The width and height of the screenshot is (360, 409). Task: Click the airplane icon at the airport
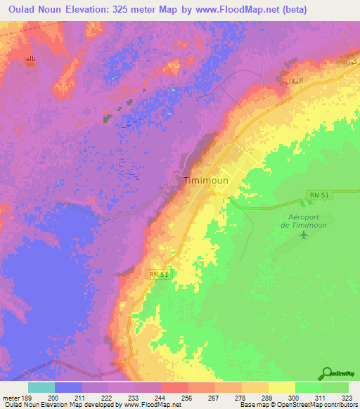point(304,234)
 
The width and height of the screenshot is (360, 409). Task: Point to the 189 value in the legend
point(28,398)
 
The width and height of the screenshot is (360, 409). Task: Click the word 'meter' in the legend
point(11,398)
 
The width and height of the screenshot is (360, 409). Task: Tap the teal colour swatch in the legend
point(41,387)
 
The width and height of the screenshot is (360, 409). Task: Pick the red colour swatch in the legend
point(174,387)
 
